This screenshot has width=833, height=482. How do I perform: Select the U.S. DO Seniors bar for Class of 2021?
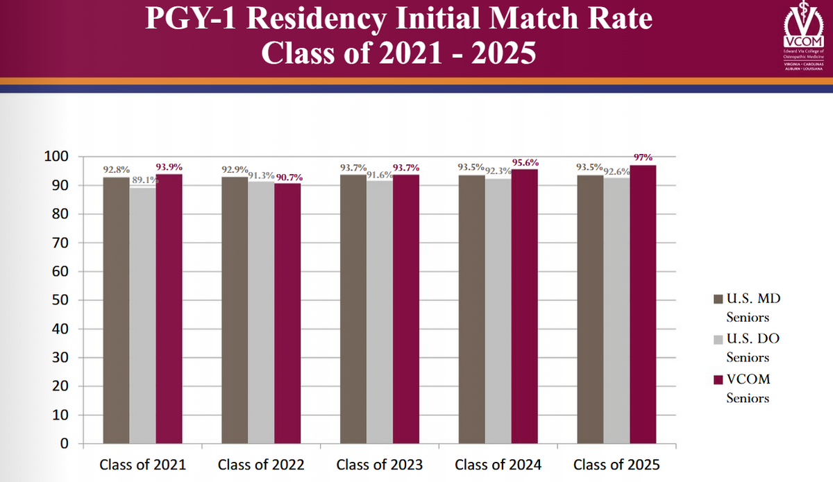(x=142, y=316)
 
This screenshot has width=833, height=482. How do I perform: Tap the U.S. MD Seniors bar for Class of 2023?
(x=353, y=309)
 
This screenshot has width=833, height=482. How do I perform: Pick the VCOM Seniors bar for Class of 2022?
(x=288, y=313)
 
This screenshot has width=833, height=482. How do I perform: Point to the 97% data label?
(x=643, y=157)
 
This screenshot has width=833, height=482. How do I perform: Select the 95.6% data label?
(x=525, y=162)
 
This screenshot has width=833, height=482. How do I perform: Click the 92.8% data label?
(x=116, y=169)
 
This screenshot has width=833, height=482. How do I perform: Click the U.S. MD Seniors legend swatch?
(x=718, y=300)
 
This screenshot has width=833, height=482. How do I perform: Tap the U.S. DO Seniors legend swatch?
(x=718, y=340)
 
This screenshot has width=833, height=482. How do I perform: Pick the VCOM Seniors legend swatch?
(x=718, y=380)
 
